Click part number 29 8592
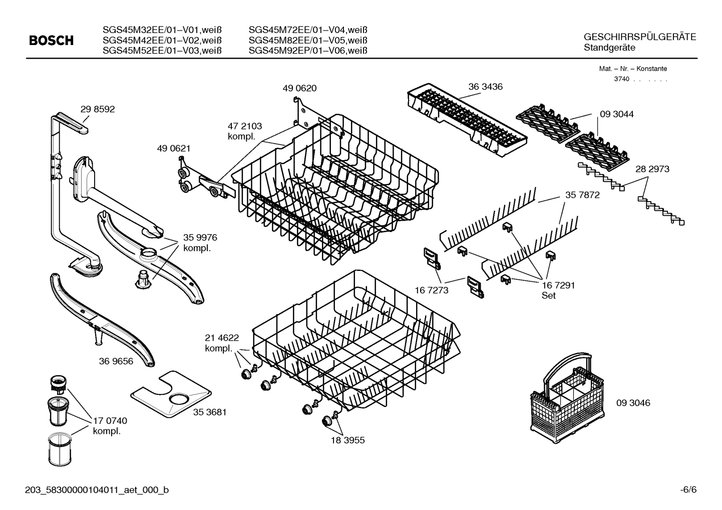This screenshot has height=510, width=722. click(x=98, y=109)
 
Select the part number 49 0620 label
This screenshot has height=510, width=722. click(x=299, y=89)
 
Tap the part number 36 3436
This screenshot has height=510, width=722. click(x=486, y=87)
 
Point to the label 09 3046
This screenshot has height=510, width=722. click(x=633, y=402)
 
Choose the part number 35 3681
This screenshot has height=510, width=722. click(x=210, y=412)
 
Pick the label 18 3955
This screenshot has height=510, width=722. click(x=347, y=440)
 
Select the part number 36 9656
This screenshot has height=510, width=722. click(x=116, y=361)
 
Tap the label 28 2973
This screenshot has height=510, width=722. click(x=652, y=169)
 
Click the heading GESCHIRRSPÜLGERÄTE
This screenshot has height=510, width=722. click(x=639, y=38)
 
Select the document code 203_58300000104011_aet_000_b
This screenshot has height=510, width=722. click(x=97, y=490)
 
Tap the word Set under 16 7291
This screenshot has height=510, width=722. click(x=548, y=296)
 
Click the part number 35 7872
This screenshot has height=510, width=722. click(x=582, y=195)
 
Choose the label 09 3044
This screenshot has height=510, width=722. click(x=616, y=114)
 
